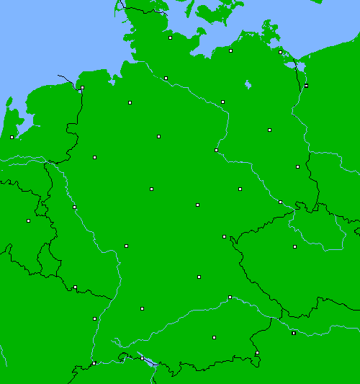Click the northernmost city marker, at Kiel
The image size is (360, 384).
(171, 37)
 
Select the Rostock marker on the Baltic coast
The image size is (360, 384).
(231, 50)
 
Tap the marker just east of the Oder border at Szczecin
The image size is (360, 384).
(306, 86)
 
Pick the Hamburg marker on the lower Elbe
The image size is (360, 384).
(166, 78)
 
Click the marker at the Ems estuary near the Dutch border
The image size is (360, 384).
(82, 88)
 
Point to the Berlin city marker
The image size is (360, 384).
(269, 130)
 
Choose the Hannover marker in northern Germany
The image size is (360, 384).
(158, 136)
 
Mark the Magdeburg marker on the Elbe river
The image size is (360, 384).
(216, 150)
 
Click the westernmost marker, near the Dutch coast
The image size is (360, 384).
(12, 137)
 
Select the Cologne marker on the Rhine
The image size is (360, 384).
(74, 207)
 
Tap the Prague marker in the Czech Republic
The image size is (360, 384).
(294, 246)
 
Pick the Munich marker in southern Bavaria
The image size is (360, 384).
(214, 337)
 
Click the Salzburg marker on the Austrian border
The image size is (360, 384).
(257, 353)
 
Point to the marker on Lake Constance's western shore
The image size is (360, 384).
(142, 358)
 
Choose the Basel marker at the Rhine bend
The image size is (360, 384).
(94, 363)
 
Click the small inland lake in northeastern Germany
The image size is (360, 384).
(248, 84)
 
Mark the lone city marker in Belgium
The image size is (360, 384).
(28, 220)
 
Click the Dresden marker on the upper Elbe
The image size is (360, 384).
(281, 202)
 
